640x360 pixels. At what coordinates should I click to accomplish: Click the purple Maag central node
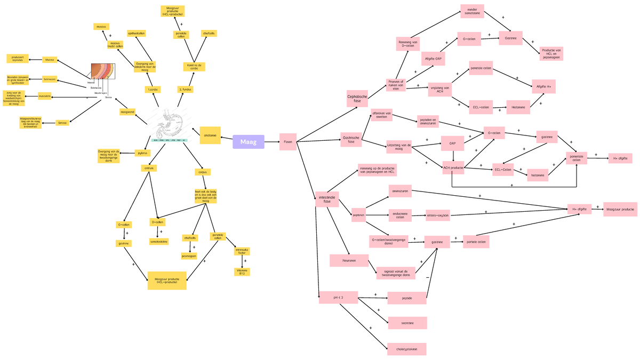coord(249,142)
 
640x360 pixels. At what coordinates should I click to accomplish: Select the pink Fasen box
coord(288,142)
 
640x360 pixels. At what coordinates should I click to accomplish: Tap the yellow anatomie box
coord(210,135)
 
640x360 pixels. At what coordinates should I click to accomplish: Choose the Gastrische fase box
coord(350,140)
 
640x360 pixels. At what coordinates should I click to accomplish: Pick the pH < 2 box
coord(338,297)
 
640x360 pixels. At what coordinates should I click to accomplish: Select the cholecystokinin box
coord(407,349)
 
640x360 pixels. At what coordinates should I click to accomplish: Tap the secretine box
coord(407,323)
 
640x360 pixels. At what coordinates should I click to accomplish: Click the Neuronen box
coord(349,260)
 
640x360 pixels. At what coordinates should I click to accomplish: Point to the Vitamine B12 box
coord(242,271)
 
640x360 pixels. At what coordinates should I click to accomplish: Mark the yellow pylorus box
coord(142,153)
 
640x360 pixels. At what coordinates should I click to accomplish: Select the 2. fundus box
coord(185,90)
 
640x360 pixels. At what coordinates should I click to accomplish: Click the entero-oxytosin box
coord(437,215)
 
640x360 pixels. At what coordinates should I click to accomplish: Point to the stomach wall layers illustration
coord(102,75)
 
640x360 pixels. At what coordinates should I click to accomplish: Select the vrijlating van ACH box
coord(440,89)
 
